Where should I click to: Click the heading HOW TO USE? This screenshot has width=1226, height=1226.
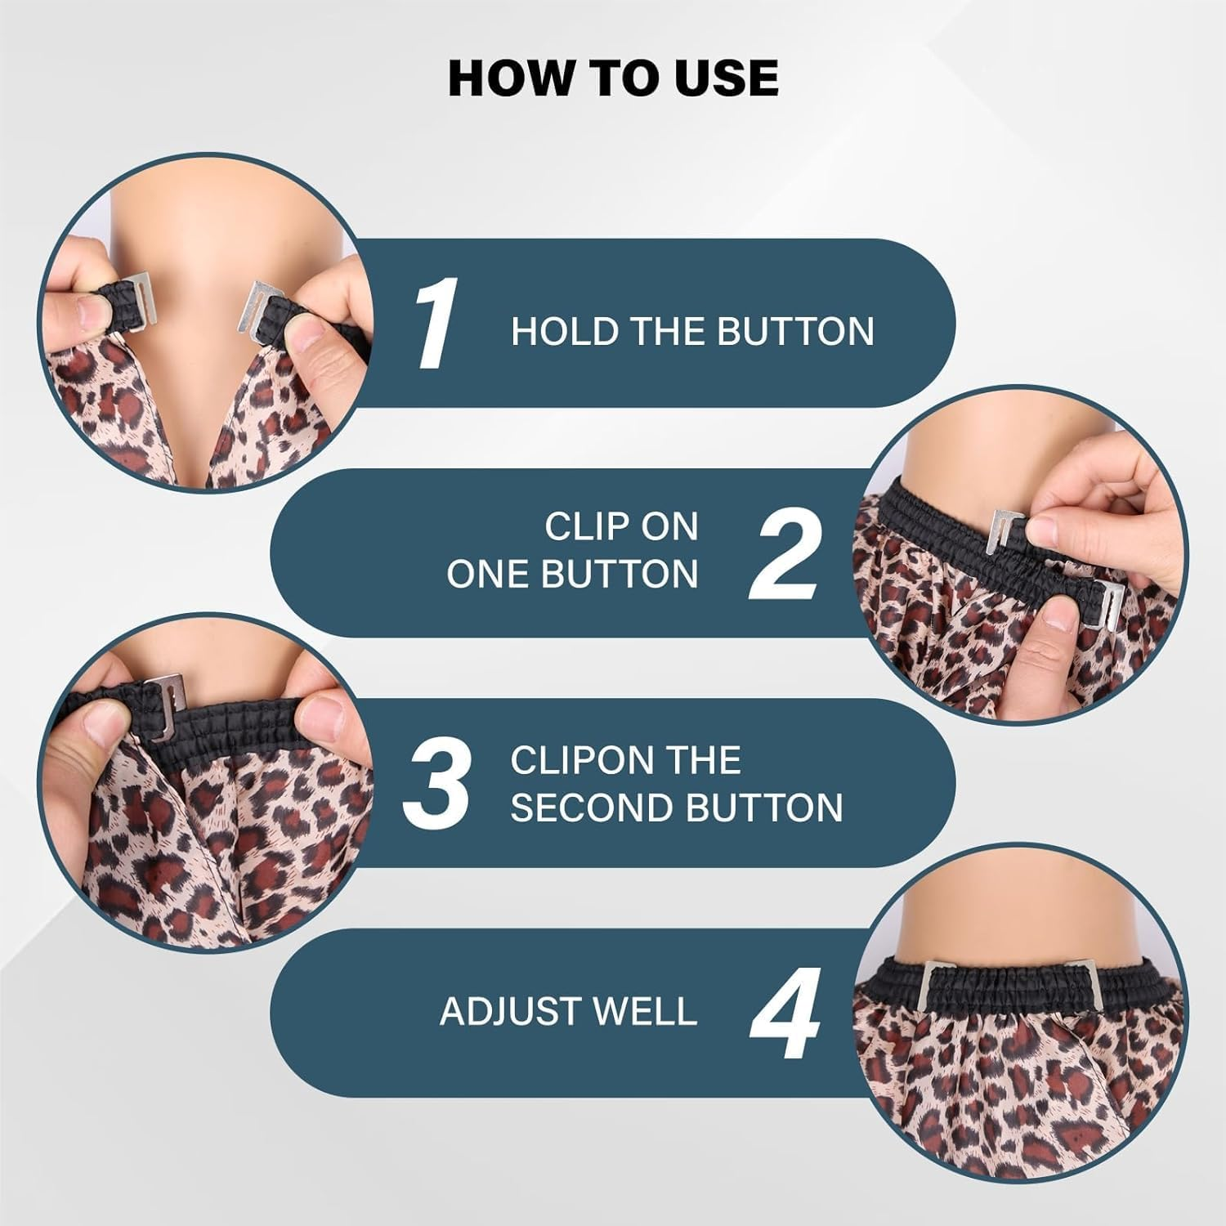click(x=613, y=78)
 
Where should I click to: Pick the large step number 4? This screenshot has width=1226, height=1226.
click(x=785, y=1013)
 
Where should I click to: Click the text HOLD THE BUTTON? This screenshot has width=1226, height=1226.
click(x=692, y=331)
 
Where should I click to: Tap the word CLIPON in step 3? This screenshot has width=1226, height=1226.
click(x=572, y=760)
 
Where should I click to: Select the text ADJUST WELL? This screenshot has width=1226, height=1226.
click(x=568, y=1012)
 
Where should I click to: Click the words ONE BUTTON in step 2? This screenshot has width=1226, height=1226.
click(x=572, y=575)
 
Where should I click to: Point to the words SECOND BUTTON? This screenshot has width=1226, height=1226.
click(x=677, y=808)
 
